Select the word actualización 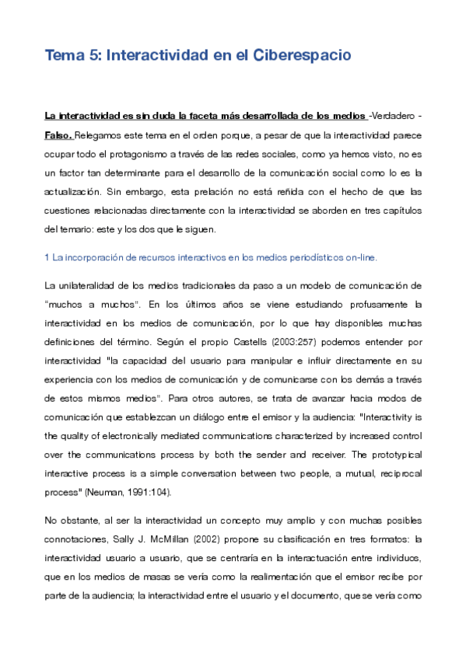click(x=79, y=190)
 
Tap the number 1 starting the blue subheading click(x=47, y=257)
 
